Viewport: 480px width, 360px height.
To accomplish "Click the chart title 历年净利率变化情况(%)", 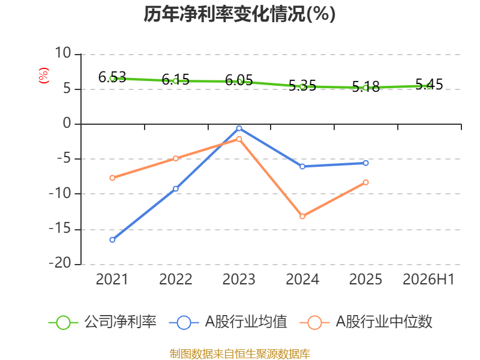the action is (x=239, y=14).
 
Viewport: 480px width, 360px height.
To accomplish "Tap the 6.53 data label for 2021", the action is (x=112, y=77).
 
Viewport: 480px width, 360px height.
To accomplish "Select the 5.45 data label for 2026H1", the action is (x=429, y=84).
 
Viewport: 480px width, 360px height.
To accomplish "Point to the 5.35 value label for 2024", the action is (x=302, y=85).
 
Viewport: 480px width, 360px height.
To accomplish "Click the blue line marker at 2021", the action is (x=112, y=239).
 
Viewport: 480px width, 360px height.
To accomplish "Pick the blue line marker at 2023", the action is (x=239, y=128).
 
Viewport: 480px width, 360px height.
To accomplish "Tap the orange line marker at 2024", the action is (x=302, y=217).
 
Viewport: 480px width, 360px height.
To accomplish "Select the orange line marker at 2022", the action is (x=176, y=158).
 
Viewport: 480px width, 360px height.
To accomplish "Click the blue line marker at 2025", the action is (x=366, y=163).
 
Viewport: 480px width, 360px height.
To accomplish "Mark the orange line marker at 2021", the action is (x=112, y=178).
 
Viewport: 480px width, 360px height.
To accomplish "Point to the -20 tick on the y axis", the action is (x=60, y=263).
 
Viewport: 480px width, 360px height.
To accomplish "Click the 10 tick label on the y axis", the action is (x=63, y=53).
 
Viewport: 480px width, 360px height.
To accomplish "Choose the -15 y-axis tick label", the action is (x=60, y=229).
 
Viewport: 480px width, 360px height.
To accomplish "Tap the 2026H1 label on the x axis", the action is (x=428, y=279).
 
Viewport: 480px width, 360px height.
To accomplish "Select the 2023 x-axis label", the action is (x=239, y=279).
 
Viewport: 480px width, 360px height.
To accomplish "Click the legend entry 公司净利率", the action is (x=103, y=322).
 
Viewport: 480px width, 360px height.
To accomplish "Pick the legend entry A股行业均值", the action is (x=228, y=322).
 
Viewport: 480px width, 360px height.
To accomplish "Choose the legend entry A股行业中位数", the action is (x=366, y=322).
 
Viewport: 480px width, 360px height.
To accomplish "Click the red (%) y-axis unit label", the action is (x=43, y=76).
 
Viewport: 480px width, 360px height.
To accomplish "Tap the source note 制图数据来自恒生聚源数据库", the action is (x=239, y=354).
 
